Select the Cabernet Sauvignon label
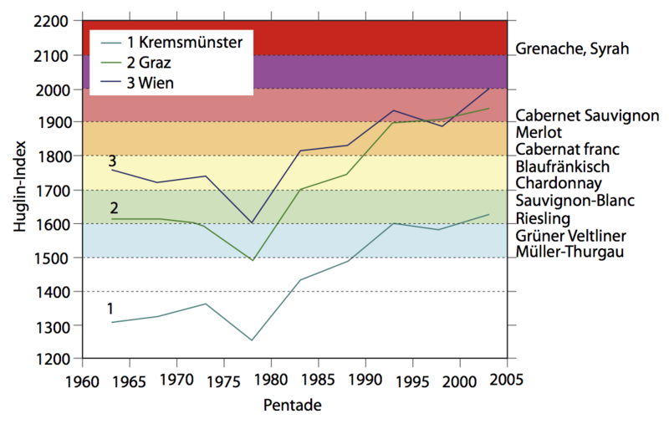587,115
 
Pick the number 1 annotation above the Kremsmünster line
110,309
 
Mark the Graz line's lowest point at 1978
253,260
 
